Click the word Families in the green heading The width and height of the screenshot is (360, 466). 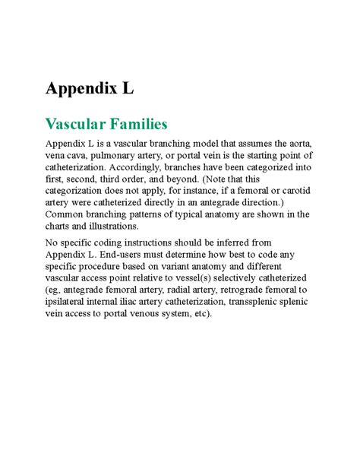click(136, 123)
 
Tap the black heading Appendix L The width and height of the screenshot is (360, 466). click(90, 88)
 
